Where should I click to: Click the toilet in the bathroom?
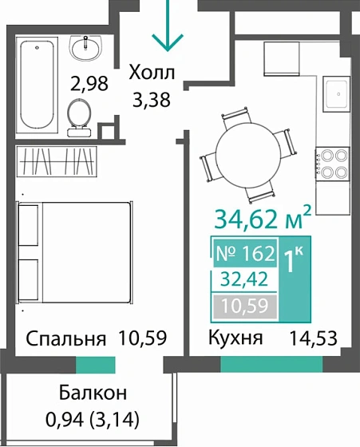(x=80, y=113)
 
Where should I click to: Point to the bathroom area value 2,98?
(x=89, y=82)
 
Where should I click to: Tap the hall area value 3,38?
(x=153, y=99)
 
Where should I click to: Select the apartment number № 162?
(x=245, y=255)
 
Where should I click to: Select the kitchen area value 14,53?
(x=315, y=338)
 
